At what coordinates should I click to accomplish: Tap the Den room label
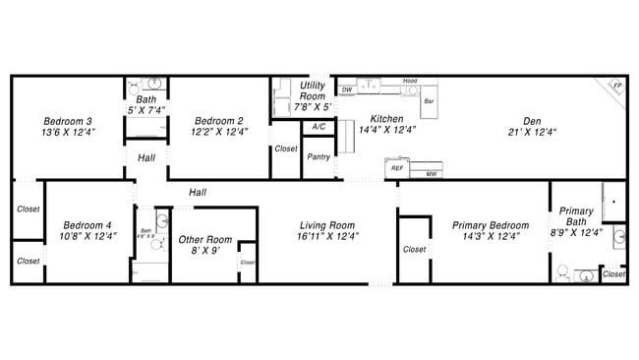pos(532,121)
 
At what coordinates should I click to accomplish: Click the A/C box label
pos(318,128)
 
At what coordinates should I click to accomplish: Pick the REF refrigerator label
pos(397,168)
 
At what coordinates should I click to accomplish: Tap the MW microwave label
pos(431,174)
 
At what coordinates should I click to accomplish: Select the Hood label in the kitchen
pos(410,81)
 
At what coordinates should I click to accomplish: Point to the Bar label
pos(429,101)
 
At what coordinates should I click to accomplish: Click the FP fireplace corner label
pos(617,87)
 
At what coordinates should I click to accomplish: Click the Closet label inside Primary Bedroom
pos(414,250)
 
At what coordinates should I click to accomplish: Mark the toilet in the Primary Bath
pos(563,270)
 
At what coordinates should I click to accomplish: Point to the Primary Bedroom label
pos(490,225)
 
